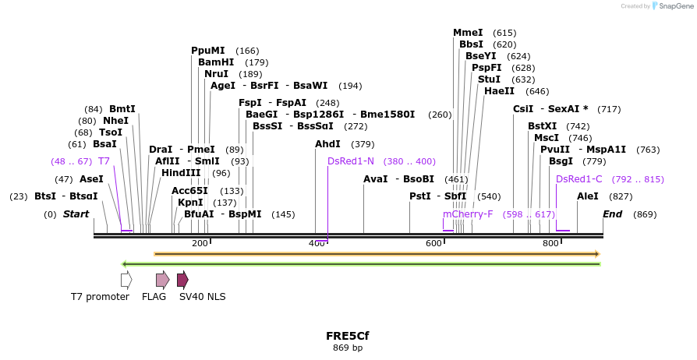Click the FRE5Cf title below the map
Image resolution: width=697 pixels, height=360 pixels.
click(348, 336)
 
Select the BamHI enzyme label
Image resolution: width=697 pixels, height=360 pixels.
click(216, 62)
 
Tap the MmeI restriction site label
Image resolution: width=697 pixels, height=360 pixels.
click(468, 33)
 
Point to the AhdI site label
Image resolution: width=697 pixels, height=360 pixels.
click(327, 144)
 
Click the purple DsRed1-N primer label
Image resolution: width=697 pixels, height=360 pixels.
click(351, 161)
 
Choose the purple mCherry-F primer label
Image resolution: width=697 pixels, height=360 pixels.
click(469, 214)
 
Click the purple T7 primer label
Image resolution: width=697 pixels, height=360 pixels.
click(104, 161)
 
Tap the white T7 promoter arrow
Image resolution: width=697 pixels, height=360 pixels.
click(126, 280)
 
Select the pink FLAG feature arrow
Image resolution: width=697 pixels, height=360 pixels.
click(162, 280)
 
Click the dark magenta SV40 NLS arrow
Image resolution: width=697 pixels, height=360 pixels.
click(182, 280)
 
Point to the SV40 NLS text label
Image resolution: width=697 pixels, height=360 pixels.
click(202, 297)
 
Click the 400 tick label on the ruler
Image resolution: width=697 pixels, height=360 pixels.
click(317, 244)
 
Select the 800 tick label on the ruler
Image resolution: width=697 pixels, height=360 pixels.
click(550, 244)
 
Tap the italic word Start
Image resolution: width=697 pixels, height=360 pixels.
click(76, 214)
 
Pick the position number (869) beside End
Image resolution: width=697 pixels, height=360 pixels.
click(645, 214)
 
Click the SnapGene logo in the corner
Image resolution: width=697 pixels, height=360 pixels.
click(672, 6)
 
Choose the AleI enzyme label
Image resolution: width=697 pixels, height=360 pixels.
click(588, 196)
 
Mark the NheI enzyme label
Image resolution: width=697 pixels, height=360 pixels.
click(115, 121)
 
